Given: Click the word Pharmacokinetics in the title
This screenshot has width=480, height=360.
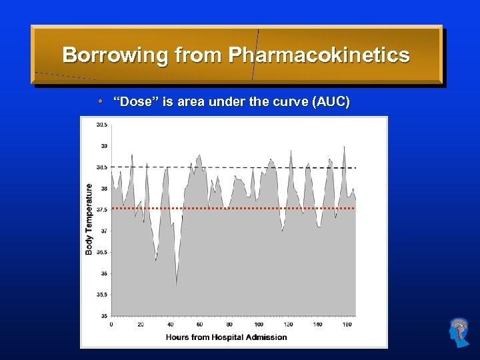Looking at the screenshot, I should coord(319,55).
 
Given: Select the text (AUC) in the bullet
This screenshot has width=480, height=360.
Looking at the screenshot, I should coord(330,102).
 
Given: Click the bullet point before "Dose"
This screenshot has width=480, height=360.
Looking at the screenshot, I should coord(99,102).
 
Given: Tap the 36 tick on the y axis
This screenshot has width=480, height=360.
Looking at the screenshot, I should coord(104,273).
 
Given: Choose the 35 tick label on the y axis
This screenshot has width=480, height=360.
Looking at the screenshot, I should coord(104,315).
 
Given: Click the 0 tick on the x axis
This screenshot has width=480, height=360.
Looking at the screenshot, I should coord(111,324).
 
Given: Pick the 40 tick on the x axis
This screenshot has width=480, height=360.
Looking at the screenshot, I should coord(170,324).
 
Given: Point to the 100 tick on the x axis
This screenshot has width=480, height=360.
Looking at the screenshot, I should coord(259,324).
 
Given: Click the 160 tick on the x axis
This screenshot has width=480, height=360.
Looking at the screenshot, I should coord(347,324).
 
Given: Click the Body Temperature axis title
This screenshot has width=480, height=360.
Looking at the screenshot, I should coord(89,219).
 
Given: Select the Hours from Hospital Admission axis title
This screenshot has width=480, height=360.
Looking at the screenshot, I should coord(227,337).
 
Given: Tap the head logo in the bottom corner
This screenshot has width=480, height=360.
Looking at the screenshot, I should coord(459,333).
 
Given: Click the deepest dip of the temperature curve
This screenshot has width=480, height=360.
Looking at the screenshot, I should coord(176,284).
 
